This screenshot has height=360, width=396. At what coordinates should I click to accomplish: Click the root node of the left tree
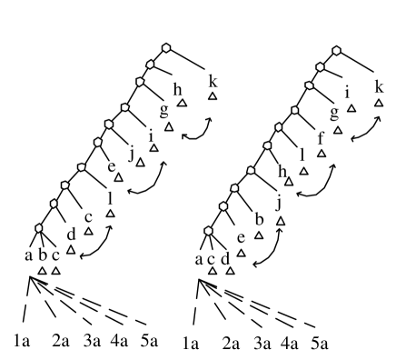165,48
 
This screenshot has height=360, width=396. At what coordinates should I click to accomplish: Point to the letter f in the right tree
321,138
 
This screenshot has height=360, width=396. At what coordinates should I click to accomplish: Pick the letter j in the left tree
133,154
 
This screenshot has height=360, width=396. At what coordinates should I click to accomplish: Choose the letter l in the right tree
302,154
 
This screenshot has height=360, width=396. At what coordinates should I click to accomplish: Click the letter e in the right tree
241,238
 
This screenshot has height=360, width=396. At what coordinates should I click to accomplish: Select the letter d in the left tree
71,235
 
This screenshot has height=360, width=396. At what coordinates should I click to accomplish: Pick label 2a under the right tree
232,343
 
